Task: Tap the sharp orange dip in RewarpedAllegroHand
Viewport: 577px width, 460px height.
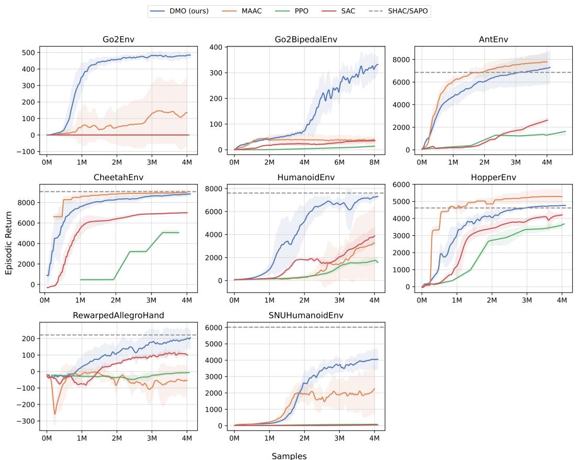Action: point(55,414)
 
